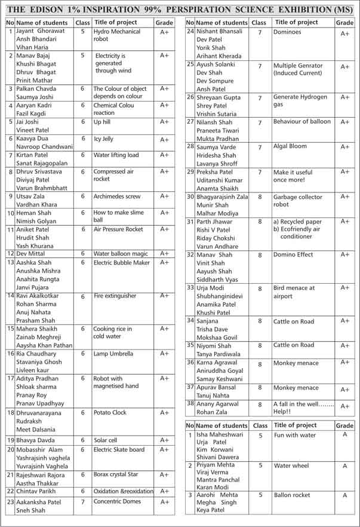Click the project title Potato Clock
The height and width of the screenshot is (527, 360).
point(110,412)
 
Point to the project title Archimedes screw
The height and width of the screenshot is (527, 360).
point(117,196)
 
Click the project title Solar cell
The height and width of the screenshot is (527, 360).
point(105,440)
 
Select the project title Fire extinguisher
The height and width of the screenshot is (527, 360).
point(115,296)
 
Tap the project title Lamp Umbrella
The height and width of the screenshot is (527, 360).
point(113,354)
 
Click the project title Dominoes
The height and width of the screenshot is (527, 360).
point(287,32)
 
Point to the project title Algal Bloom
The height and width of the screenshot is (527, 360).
point(290,146)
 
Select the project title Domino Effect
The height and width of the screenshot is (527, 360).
point(293,255)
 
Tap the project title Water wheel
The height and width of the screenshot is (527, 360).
point(291,465)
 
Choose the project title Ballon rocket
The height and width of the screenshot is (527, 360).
point(293,495)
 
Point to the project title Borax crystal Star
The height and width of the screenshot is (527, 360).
point(116,474)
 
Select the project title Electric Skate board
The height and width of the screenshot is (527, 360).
point(119,450)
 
